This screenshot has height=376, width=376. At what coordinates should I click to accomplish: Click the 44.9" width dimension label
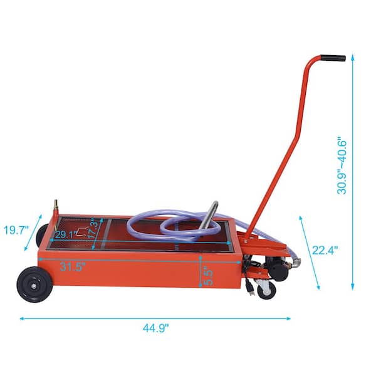coord(155,327)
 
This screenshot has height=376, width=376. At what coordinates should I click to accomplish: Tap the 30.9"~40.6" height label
coord(343,165)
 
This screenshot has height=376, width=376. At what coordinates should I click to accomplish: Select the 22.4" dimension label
coord(325,251)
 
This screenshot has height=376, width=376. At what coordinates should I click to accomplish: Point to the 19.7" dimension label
coord(14,230)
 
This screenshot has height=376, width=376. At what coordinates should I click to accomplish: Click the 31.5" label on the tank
coord(73,266)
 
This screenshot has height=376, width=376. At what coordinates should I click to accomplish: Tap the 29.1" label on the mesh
coord(66,235)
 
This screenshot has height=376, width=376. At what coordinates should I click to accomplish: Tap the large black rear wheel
coord(33,285)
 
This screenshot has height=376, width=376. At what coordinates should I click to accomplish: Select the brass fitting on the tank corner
coord(56,206)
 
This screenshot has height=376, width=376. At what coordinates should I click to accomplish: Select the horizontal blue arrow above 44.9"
coord(155,318)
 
